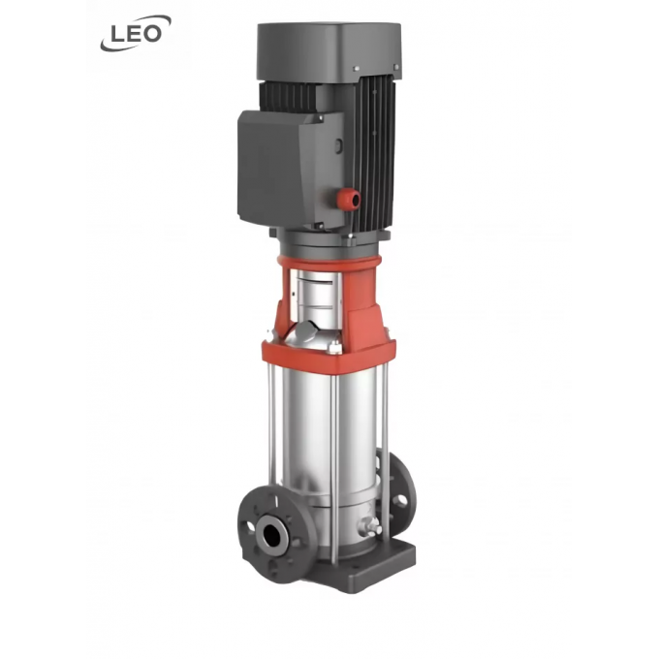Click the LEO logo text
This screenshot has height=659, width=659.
point(136,35)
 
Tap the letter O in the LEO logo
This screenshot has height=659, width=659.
point(152,34)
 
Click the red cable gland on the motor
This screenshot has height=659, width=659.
point(351,198)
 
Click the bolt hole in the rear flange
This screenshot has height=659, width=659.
point(402,500)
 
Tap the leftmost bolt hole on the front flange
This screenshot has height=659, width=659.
point(250,526)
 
